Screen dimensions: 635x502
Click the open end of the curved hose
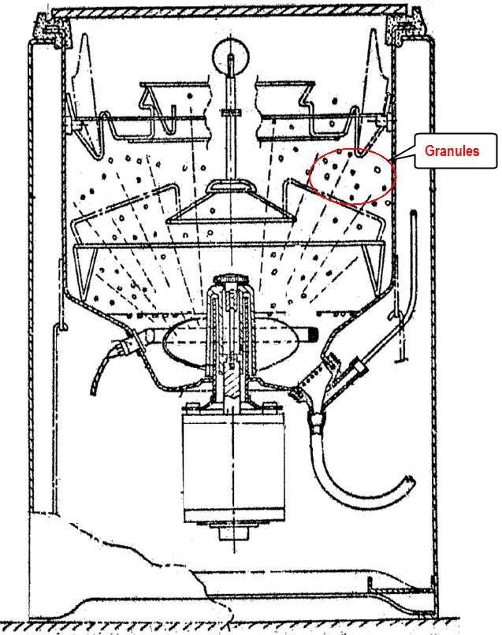coord(408,482)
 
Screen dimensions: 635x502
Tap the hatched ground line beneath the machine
coord(236,628)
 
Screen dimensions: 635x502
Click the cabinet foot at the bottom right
coord(402,589)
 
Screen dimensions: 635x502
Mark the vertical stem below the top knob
coord(229,118)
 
